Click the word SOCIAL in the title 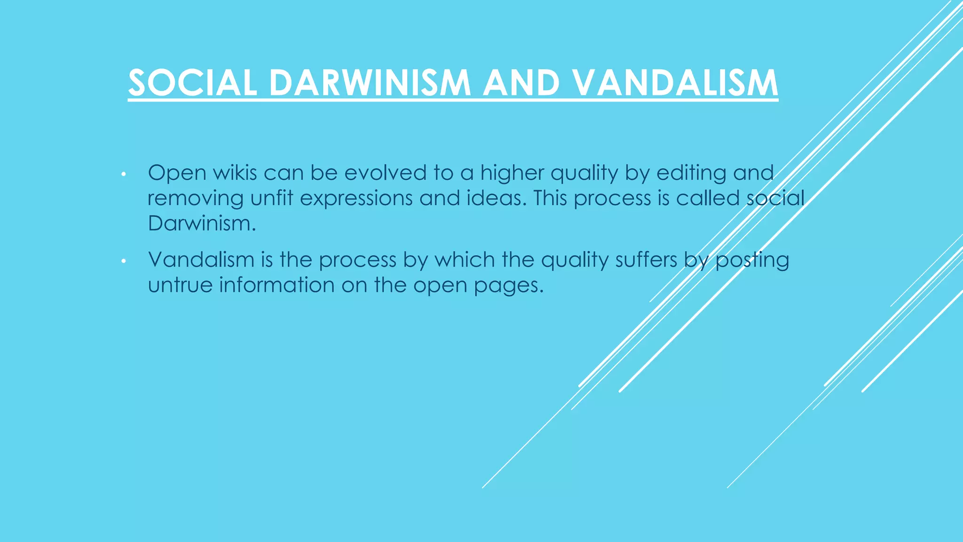pos(192,83)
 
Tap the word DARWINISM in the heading pos(370,83)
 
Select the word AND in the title pos(521,83)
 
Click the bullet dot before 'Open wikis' pos(123,175)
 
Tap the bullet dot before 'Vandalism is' pos(123,261)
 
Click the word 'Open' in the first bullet pos(177,173)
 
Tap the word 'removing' pos(195,199)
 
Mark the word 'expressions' pos(356,199)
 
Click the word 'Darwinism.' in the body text pos(202,223)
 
